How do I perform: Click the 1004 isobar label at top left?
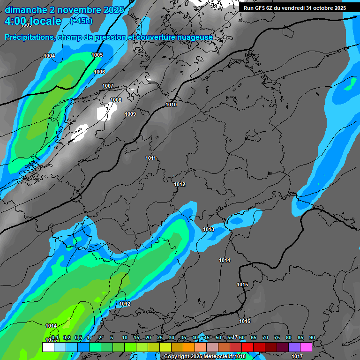coord(49,56)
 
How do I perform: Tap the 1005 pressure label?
coord(97,55)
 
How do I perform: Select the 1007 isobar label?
coord(108,86)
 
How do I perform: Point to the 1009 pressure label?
coord(130,114)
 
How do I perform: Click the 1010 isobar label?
coord(171,105)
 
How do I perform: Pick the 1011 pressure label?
coord(150,158)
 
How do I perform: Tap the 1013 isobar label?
coord(209,229)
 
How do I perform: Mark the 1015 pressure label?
coord(242,285)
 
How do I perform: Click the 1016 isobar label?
coord(245,321)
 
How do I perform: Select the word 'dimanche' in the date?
coord(23,10)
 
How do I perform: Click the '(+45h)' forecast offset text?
coord(81,21)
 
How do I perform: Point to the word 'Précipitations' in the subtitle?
coord(28,37)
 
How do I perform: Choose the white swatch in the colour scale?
coord(48,347)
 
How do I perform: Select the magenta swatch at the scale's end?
coord(306,347)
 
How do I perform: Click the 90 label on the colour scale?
coord(312,338)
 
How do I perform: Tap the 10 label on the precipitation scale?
coord(124,338)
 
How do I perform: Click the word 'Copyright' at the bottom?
coord(176,357)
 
